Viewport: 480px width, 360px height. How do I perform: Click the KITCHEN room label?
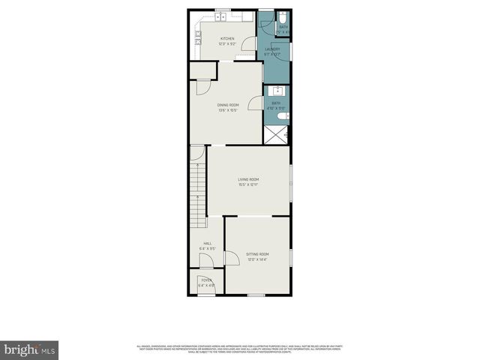point(226,39)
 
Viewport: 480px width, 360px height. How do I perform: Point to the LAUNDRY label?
point(272,49)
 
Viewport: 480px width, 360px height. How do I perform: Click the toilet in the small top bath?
point(284,17)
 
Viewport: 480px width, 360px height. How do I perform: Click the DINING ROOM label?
point(228,104)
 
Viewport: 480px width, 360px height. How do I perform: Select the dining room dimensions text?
point(228,110)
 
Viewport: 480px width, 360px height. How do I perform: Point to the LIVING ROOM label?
point(248,179)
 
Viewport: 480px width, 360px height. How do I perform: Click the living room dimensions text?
point(248,185)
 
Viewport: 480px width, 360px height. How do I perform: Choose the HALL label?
point(206,242)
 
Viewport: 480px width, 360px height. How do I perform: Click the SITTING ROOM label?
point(257,254)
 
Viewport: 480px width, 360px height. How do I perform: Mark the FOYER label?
point(205,280)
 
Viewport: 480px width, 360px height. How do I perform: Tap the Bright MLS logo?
point(30,349)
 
